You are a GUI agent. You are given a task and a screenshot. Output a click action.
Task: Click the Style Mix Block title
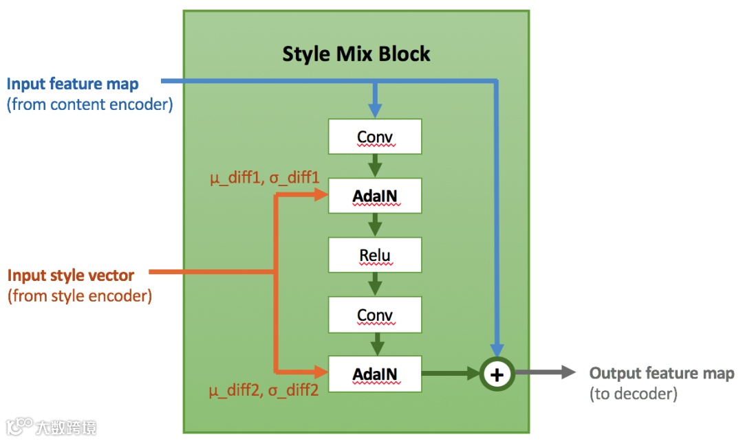[356, 54]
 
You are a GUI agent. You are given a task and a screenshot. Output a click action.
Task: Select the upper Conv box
[375, 137]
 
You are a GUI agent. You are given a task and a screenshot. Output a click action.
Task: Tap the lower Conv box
[375, 315]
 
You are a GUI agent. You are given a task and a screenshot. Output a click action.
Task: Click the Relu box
[375, 256]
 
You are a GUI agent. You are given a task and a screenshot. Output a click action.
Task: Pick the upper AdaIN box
[375, 196]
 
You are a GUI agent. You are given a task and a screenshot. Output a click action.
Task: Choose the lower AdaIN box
[375, 374]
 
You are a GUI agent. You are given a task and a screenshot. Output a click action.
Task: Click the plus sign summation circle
[497, 374]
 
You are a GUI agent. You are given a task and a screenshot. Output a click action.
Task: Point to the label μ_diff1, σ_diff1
[265, 179]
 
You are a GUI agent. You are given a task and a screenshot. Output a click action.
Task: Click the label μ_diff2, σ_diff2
[265, 392]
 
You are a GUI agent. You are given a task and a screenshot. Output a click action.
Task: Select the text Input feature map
[72, 84]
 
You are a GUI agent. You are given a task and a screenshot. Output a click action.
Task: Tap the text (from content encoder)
[89, 104]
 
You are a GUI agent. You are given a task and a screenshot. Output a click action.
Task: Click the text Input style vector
[71, 275]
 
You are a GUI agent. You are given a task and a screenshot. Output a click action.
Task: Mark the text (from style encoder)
[79, 296]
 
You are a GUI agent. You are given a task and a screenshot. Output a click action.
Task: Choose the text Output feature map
[662, 374]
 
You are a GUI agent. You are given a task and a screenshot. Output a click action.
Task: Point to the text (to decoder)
[634, 394]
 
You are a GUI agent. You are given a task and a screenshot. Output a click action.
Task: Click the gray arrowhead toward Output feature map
[568, 373]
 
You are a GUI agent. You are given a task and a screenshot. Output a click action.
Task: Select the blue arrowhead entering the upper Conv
[375, 110]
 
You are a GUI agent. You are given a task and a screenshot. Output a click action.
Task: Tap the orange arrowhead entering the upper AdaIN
[321, 196]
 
